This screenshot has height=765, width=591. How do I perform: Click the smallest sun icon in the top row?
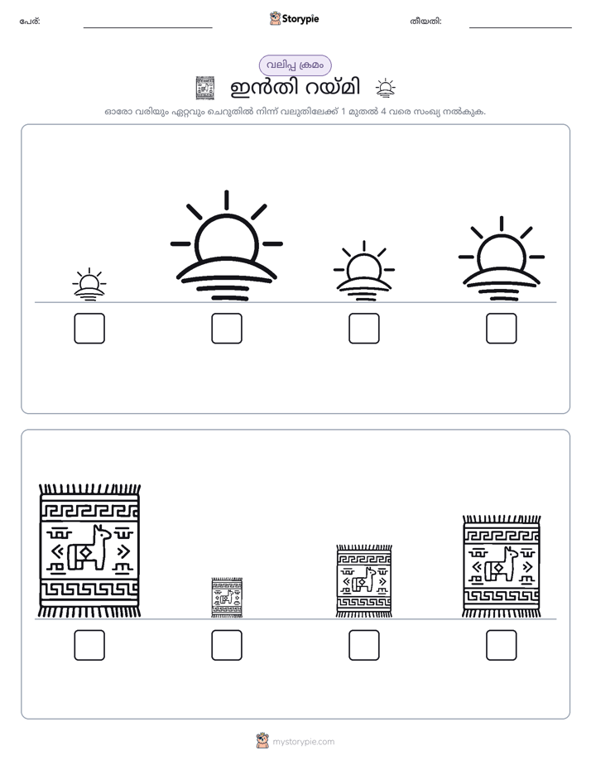pos(89,285)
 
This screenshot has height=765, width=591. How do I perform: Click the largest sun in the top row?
pos(227,245)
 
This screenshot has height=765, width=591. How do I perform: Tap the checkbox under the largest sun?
pos(227,329)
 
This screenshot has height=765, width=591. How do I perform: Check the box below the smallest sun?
pos(89,329)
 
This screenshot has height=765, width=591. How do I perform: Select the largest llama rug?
pos(89,551)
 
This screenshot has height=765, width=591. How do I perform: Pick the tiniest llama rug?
pos(227,598)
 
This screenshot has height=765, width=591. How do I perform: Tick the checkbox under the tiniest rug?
pos(227,645)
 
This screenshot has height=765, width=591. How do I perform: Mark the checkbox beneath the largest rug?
pos(89,645)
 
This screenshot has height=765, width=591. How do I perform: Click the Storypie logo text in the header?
pos(300,19)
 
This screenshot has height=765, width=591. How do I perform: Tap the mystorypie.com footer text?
pos(303,742)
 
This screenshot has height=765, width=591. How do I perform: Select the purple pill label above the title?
pos(295,65)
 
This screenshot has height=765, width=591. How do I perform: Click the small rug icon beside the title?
pos(204,88)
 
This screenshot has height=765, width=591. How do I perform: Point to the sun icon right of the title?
pos(385,88)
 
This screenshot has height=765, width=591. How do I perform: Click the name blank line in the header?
pos(147,27)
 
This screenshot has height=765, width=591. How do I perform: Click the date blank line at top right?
pos(521,27)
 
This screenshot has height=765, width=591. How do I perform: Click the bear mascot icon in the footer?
pos(262,741)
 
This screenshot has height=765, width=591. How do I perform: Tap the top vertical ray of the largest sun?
pos(227,200)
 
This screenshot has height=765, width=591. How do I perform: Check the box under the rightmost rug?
pos(502,645)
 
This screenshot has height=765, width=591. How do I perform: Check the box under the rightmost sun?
pos(502,329)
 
